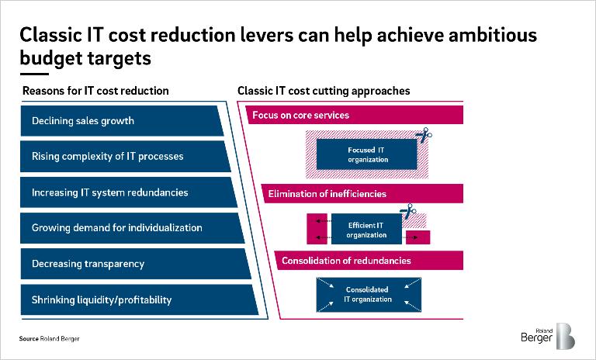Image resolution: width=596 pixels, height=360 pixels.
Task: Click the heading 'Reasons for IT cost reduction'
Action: point(95,91)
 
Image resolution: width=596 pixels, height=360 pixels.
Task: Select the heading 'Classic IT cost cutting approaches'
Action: point(324,91)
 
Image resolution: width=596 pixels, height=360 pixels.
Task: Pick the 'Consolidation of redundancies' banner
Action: point(369,260)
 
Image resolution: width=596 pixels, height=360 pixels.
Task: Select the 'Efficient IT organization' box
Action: point(367,230)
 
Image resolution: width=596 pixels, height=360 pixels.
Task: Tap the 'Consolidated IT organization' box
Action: point(368,294)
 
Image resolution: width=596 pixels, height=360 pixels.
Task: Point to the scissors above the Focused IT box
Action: point(423,136)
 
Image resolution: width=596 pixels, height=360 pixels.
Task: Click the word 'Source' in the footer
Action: point(29,339)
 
